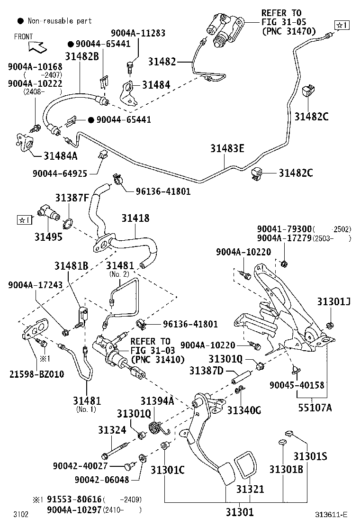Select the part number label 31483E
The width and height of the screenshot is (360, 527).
click(x=227, y=148)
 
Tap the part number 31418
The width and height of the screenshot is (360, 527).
click(x=135, y=218)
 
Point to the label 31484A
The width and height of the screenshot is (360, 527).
click(x=61, y=155)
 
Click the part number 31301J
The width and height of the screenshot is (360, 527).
click(x=333, y=302)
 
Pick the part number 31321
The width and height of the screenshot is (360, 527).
click(x=250, y=489)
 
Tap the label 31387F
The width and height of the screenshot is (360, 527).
click(x=72, y=198)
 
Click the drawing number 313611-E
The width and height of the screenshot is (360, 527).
click(x=332, y=515)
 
